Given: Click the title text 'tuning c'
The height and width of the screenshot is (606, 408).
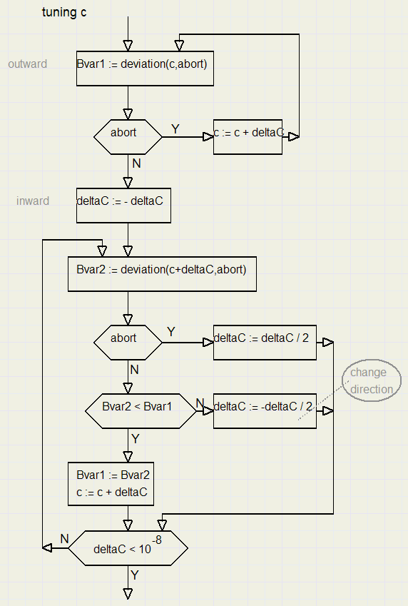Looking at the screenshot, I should tap(64, 13).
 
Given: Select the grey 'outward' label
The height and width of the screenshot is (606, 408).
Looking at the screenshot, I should tap(28, 64).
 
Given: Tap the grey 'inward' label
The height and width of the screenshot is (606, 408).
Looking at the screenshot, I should tap(33, 201).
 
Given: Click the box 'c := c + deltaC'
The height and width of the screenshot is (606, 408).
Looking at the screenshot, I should tap(248, 137).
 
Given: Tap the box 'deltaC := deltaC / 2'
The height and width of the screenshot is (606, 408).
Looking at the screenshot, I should tap(265, 342).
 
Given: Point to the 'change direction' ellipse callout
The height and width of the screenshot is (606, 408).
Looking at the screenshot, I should tap(371, 380).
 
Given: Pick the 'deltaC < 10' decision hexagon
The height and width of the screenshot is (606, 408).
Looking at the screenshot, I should tap(128, 548).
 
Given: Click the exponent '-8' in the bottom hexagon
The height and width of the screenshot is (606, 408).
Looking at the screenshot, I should tap(157, 540).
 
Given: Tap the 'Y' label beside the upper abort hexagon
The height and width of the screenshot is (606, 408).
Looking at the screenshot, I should tap(175, 128).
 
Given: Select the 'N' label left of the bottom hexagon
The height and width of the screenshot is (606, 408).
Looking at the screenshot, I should tap(63, 539).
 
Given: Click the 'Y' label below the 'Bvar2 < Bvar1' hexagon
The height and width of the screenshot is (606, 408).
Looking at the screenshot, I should tap(136, 438).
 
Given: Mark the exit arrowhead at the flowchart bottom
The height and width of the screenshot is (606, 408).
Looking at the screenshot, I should tap(128, 593).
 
